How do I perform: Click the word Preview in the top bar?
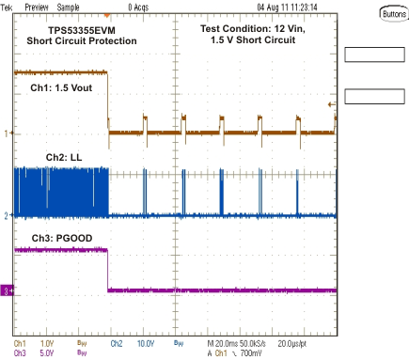38,6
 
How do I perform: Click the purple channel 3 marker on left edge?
7,292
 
